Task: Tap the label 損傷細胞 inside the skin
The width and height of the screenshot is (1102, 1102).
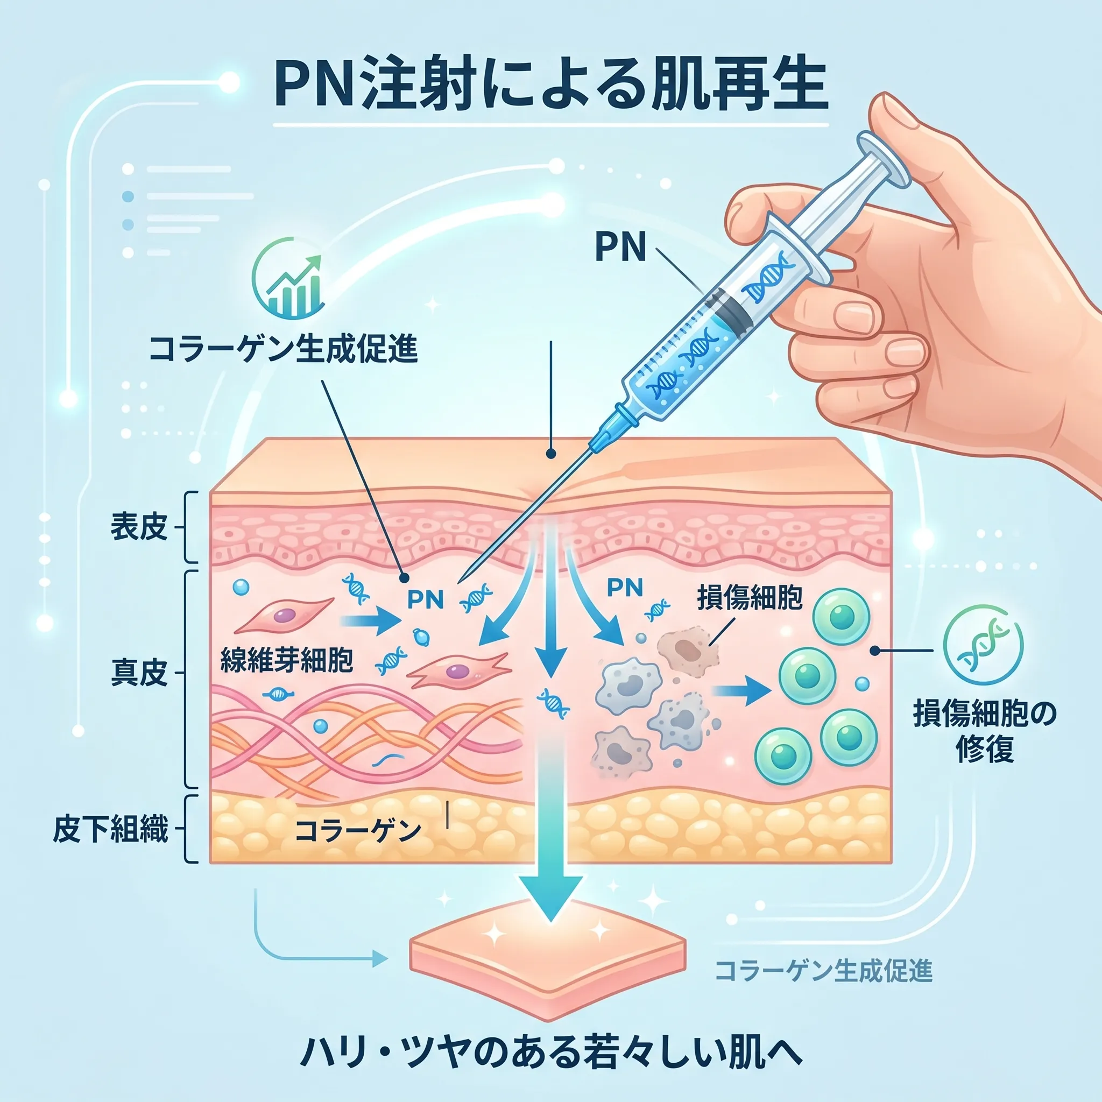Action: pyautogui.click(x=750, y=598)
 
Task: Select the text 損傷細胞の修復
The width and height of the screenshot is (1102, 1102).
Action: pyautogui.click(x=985, y=731)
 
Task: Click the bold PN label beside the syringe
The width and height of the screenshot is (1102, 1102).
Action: pyautogui.click(x=620, y=247)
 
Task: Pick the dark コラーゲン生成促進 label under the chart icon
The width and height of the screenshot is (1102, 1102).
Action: pyautogui.click(x=284, y=349)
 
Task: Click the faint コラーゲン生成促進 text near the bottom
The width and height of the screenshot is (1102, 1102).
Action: pyautogui.click(x=824, y=971)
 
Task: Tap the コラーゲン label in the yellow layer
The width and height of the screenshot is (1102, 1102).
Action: pyautogui.click(x=358, y=830)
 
